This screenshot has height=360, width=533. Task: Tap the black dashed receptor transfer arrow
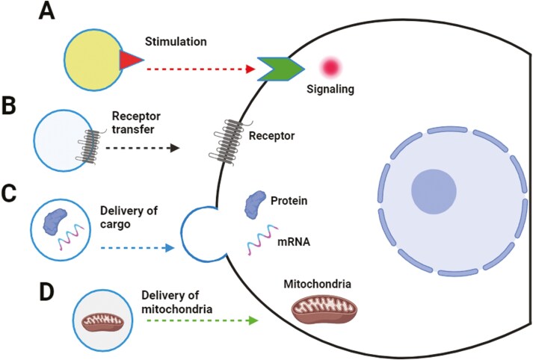point(143,147)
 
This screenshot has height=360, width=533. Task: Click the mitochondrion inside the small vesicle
point(107,320)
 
